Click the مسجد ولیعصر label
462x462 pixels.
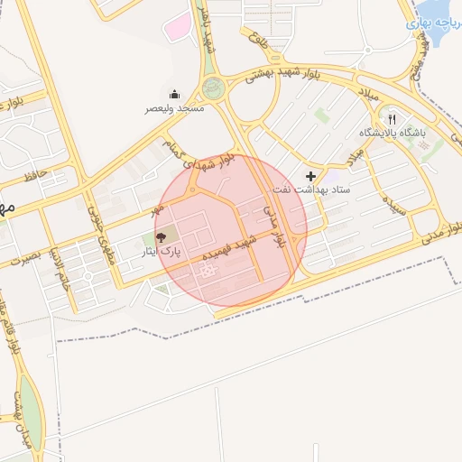point(176,108)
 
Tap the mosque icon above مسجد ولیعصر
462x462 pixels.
point(175,94)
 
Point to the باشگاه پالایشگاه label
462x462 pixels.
point(392,134)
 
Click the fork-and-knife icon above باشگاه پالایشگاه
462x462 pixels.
point(392,118)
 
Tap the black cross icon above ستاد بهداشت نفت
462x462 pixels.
point(311,175)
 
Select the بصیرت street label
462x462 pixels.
point(23,257)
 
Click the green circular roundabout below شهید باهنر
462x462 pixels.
point(213,88)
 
